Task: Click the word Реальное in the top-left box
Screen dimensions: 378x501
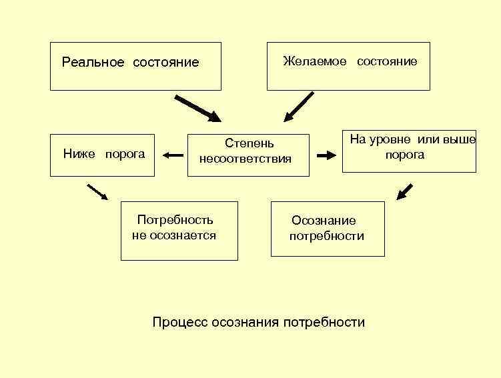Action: pos(93,63)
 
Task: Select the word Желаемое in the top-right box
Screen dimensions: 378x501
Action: pos(315,61)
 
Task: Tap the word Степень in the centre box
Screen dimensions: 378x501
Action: pos(249,143)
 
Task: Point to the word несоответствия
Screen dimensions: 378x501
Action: pos(245,159)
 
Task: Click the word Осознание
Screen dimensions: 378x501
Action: pos(324,221)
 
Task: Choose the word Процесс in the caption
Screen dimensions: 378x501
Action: pos(179,323)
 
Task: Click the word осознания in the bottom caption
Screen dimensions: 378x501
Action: pos(247,323)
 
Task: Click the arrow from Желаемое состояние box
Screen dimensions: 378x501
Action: pos(298,107)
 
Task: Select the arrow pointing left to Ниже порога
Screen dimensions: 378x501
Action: pos(172,155)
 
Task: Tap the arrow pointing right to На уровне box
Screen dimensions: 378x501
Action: pos(326,155)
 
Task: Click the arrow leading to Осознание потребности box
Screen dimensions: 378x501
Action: pos(404,191)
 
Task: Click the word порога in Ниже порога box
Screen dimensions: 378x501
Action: pos(123,154)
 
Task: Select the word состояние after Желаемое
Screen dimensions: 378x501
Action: pos(387,61)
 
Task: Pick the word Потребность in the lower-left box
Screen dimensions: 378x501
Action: pos(175,220)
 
